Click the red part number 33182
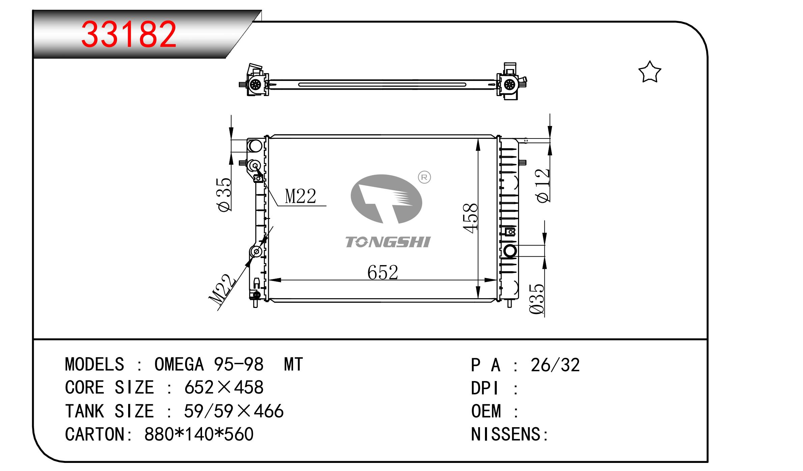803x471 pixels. click(x=129, y=34)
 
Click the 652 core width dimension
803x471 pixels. click(x=383, y=272)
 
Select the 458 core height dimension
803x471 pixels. click(x=471, y=218)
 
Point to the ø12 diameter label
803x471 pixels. click(x=543, y=186)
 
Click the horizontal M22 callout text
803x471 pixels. click(x=300, y=196)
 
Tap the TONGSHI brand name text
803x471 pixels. click(x=388, y=242)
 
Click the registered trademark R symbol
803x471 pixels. click(x=424, y=177)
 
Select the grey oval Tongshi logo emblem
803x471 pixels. click(x=386, y=199)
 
